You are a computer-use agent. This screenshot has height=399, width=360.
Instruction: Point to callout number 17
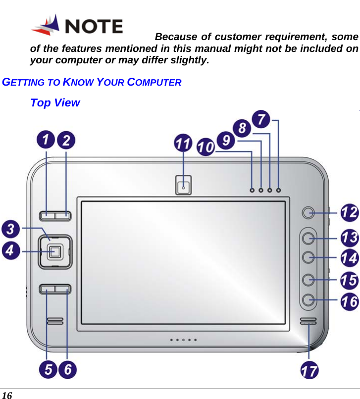[x=310, y=370]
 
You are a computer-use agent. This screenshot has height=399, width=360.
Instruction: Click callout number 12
[x=349, y=214]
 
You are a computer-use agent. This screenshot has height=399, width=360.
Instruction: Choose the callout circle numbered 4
[x=11, y=251]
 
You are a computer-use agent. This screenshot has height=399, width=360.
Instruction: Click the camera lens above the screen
[x=183, y=187]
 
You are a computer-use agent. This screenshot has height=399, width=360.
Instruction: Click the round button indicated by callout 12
[x=308, y=213]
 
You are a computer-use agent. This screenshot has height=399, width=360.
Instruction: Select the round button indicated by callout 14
[x=308, y=257]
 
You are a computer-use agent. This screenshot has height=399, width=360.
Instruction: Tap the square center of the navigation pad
[x=55, y=252]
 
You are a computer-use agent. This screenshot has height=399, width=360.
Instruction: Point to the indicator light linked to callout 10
[x=252, y=190]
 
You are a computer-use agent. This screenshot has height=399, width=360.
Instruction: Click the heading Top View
[x=54, y=103]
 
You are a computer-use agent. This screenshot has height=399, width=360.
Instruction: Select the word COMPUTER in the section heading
[x=154, y=82]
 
